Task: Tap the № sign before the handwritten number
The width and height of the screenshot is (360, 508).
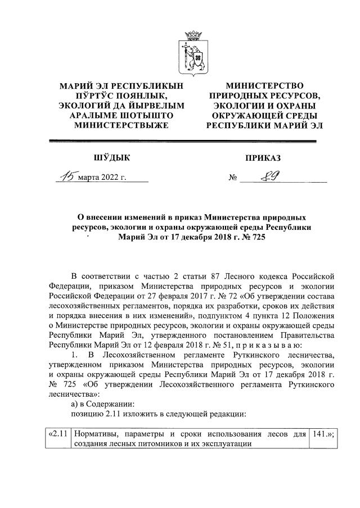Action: (233, 179)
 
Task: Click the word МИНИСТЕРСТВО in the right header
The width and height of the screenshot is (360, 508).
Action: (264, 85)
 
